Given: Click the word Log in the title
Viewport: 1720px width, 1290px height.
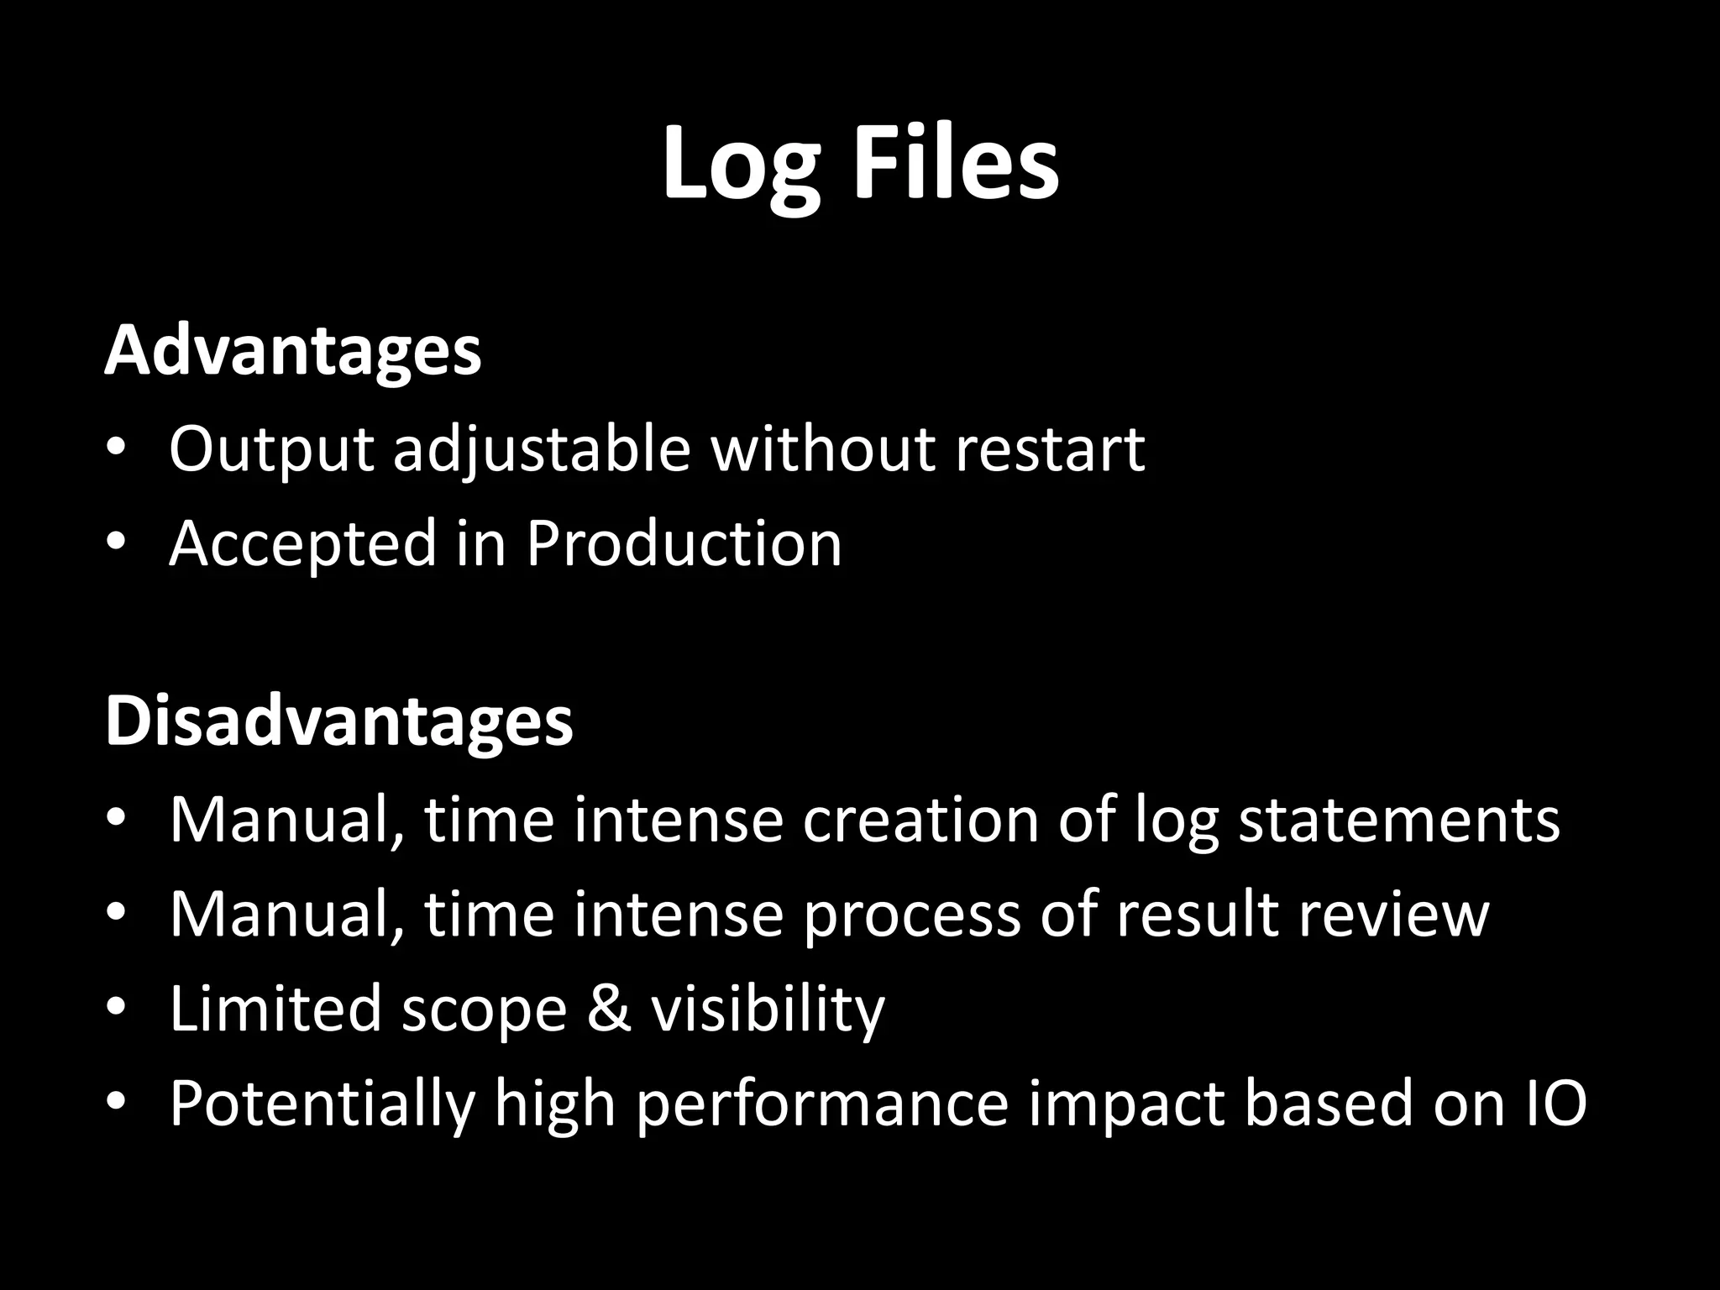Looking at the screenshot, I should pos(740,164).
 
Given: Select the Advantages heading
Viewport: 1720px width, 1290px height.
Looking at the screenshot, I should pos(293,350).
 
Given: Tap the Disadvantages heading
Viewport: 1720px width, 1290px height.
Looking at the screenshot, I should pos(339,721).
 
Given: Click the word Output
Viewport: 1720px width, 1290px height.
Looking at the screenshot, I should pos(270,449).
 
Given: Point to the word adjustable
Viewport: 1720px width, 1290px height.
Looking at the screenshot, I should pos(542,449).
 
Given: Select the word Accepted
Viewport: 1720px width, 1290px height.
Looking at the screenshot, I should pos(303,544).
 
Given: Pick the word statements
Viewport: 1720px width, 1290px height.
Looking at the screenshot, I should pos(1399,820).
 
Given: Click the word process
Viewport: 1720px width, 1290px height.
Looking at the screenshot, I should pos(911,915).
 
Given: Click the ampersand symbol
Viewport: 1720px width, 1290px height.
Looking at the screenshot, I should pos(609,1008).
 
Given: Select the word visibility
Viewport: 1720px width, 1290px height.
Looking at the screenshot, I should pos(768,1009).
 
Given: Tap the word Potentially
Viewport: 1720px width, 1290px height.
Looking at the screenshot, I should pos(322,1104).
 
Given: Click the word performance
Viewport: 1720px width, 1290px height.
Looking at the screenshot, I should pos(821,1104).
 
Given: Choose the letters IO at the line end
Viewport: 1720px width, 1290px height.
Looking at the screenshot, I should pos(1554,1103).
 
